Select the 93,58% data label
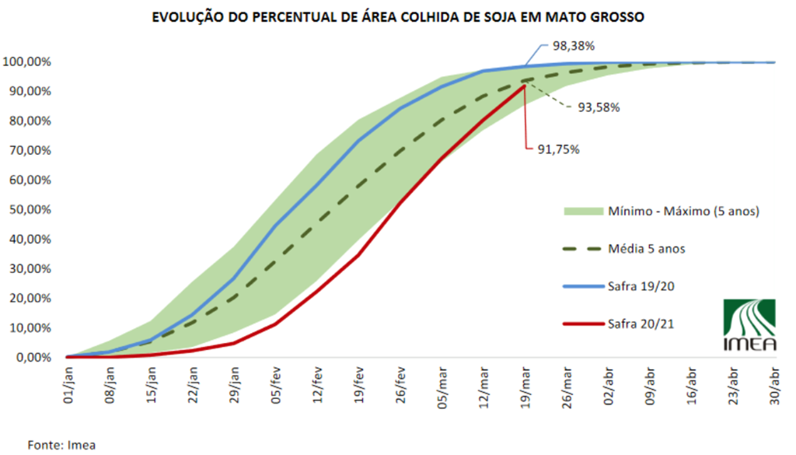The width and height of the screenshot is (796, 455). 598,107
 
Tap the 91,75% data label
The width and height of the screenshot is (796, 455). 557,149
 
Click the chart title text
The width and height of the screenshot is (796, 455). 397,16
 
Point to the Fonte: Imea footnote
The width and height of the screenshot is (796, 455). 61,445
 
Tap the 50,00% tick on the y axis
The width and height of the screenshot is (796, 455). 28,209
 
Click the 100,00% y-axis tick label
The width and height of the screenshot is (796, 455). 28,61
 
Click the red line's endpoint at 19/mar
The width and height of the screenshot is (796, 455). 525,86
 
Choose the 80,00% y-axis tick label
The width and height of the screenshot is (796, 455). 28,121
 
